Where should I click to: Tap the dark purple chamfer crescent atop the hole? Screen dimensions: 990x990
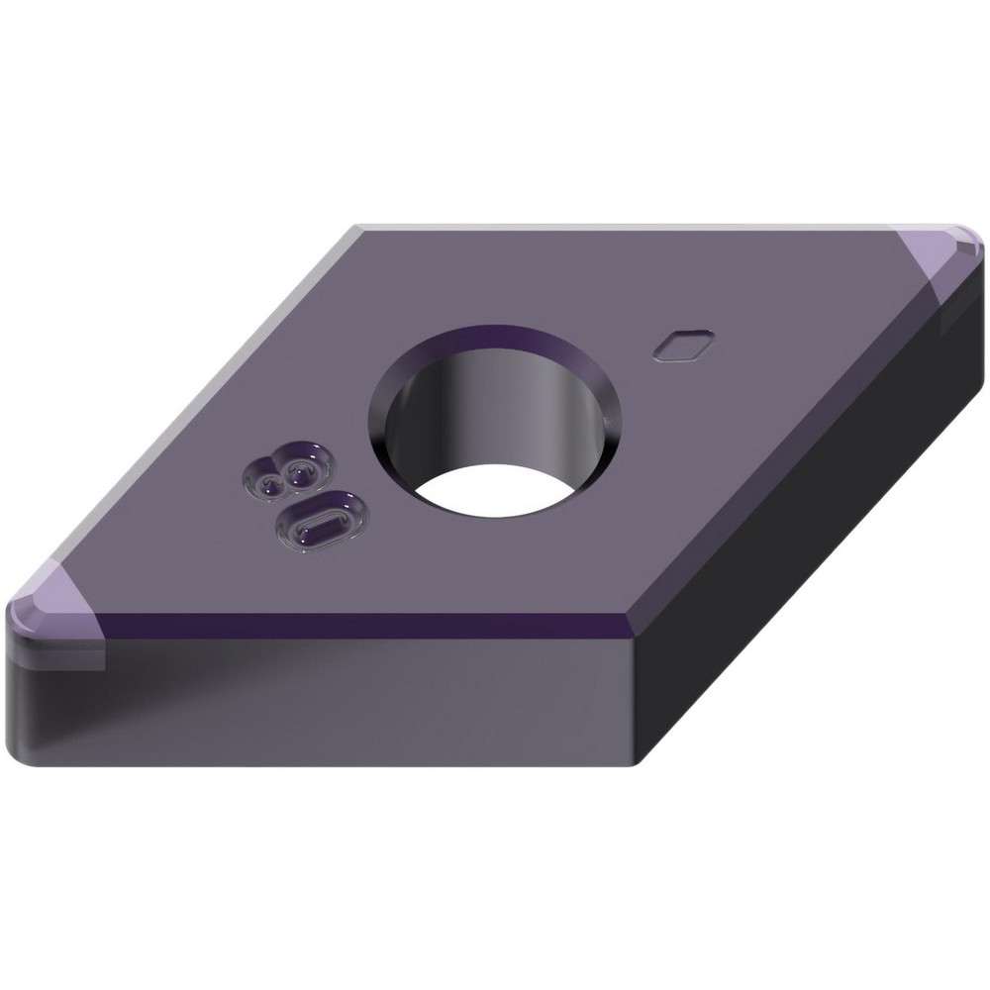point(495,340)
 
